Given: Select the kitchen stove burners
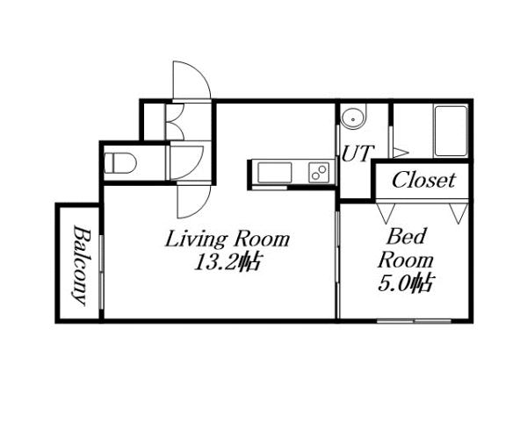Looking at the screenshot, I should click(319, 173).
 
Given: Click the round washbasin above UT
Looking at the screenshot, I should click(353, 117).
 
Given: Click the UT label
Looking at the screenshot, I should click(356, 153).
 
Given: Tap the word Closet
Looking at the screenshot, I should click(423, 181).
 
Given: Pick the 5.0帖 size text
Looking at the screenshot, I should click(406, 283).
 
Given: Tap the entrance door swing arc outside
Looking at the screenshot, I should click(191, 81).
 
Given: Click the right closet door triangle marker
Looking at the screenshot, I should click(457, 212).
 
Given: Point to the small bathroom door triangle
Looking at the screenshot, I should click(398, 151).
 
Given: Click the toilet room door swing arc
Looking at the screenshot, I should click(186, 163).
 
